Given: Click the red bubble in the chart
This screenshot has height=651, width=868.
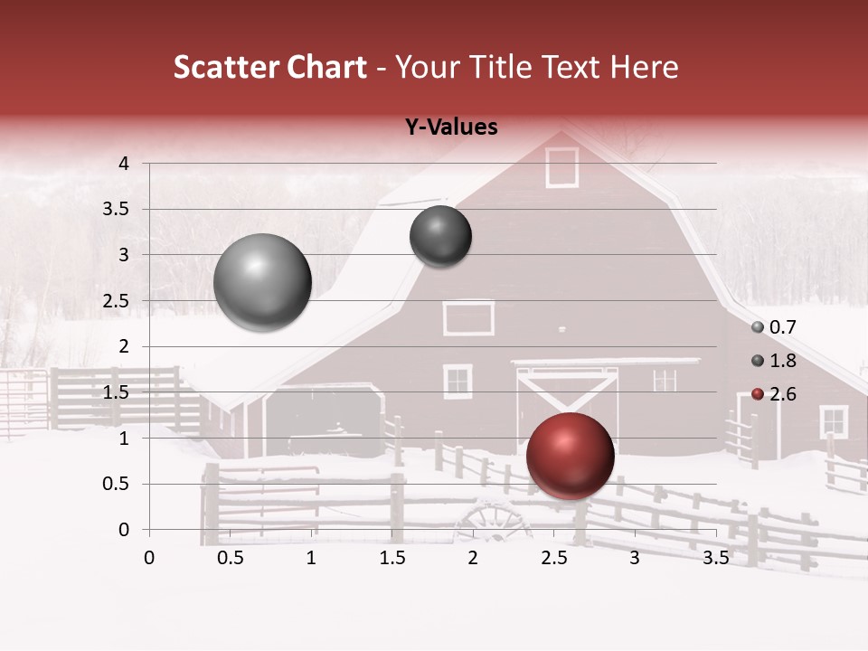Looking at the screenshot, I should point(570,456).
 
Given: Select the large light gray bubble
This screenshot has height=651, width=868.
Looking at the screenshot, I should point(262,282).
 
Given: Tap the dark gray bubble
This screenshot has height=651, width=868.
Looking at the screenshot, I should point(440,236).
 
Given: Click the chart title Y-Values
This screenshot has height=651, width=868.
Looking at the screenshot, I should point(451,127).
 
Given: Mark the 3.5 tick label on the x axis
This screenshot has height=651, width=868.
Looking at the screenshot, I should point(715,558).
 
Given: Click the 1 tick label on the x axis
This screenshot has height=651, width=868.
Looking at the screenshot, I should point(311,558).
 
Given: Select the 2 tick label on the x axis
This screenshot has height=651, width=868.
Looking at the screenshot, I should point(473,558).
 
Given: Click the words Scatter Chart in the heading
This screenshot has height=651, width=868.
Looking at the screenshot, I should point(269,68).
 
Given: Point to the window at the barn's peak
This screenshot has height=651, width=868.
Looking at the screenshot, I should point(561,167).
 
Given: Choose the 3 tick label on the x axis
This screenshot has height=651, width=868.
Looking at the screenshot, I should point(634,558).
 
